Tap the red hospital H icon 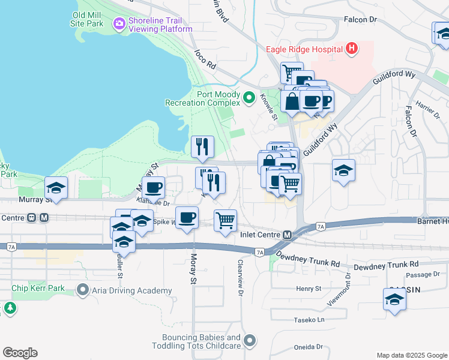click(352, 49)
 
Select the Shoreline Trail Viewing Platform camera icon click(119, 23)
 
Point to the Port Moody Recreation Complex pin click(250, 96)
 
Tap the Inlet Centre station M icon click(288, 235)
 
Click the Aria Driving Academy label click(132, 291)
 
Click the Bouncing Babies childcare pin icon click(250, 343)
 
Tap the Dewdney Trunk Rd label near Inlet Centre click(310, 263)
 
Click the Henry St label click(309, 289)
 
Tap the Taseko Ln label click(309, 320)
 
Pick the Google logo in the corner click(20, 353)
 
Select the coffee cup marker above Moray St click(187, 217)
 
